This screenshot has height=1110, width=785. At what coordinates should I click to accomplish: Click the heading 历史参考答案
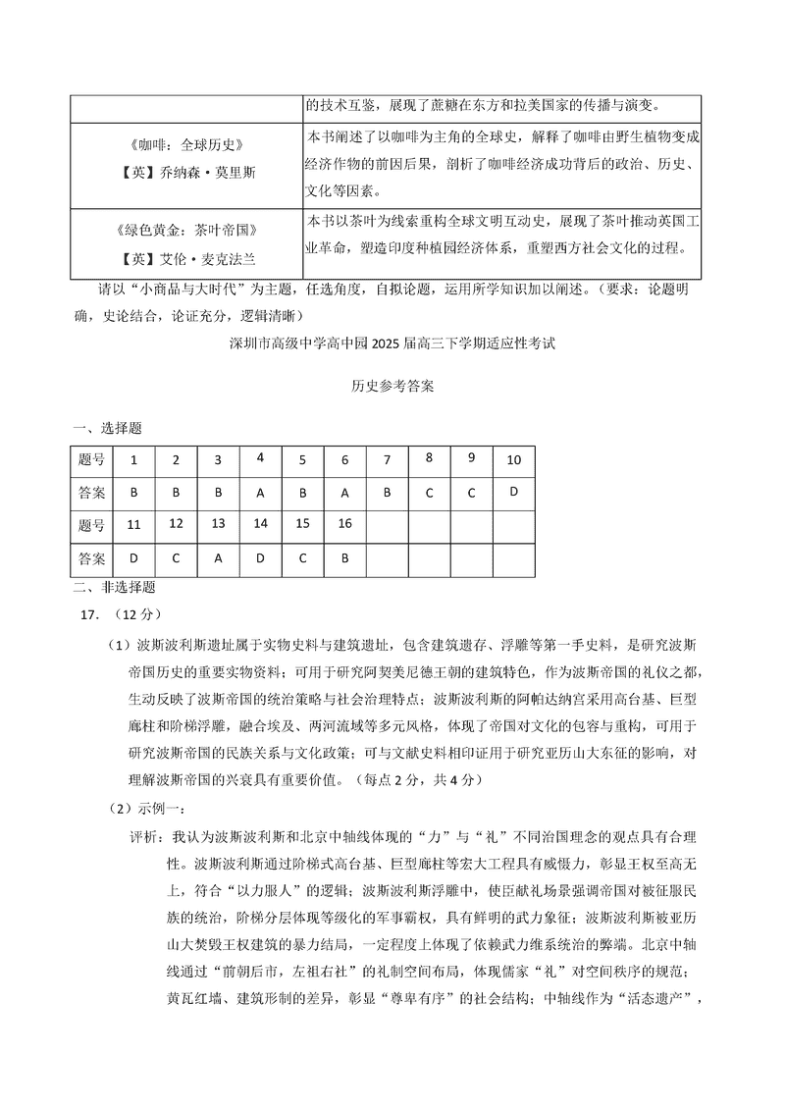click(392, 387)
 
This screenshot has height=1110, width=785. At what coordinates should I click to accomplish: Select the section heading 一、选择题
click(107, 428)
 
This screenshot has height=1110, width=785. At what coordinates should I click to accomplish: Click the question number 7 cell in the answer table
click(388, 459)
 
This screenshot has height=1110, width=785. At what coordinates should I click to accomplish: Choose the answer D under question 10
click(513, 492)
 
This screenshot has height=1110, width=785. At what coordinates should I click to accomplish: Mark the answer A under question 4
click(260, 493)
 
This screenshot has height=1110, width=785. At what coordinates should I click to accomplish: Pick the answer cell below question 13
click(218, 558)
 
